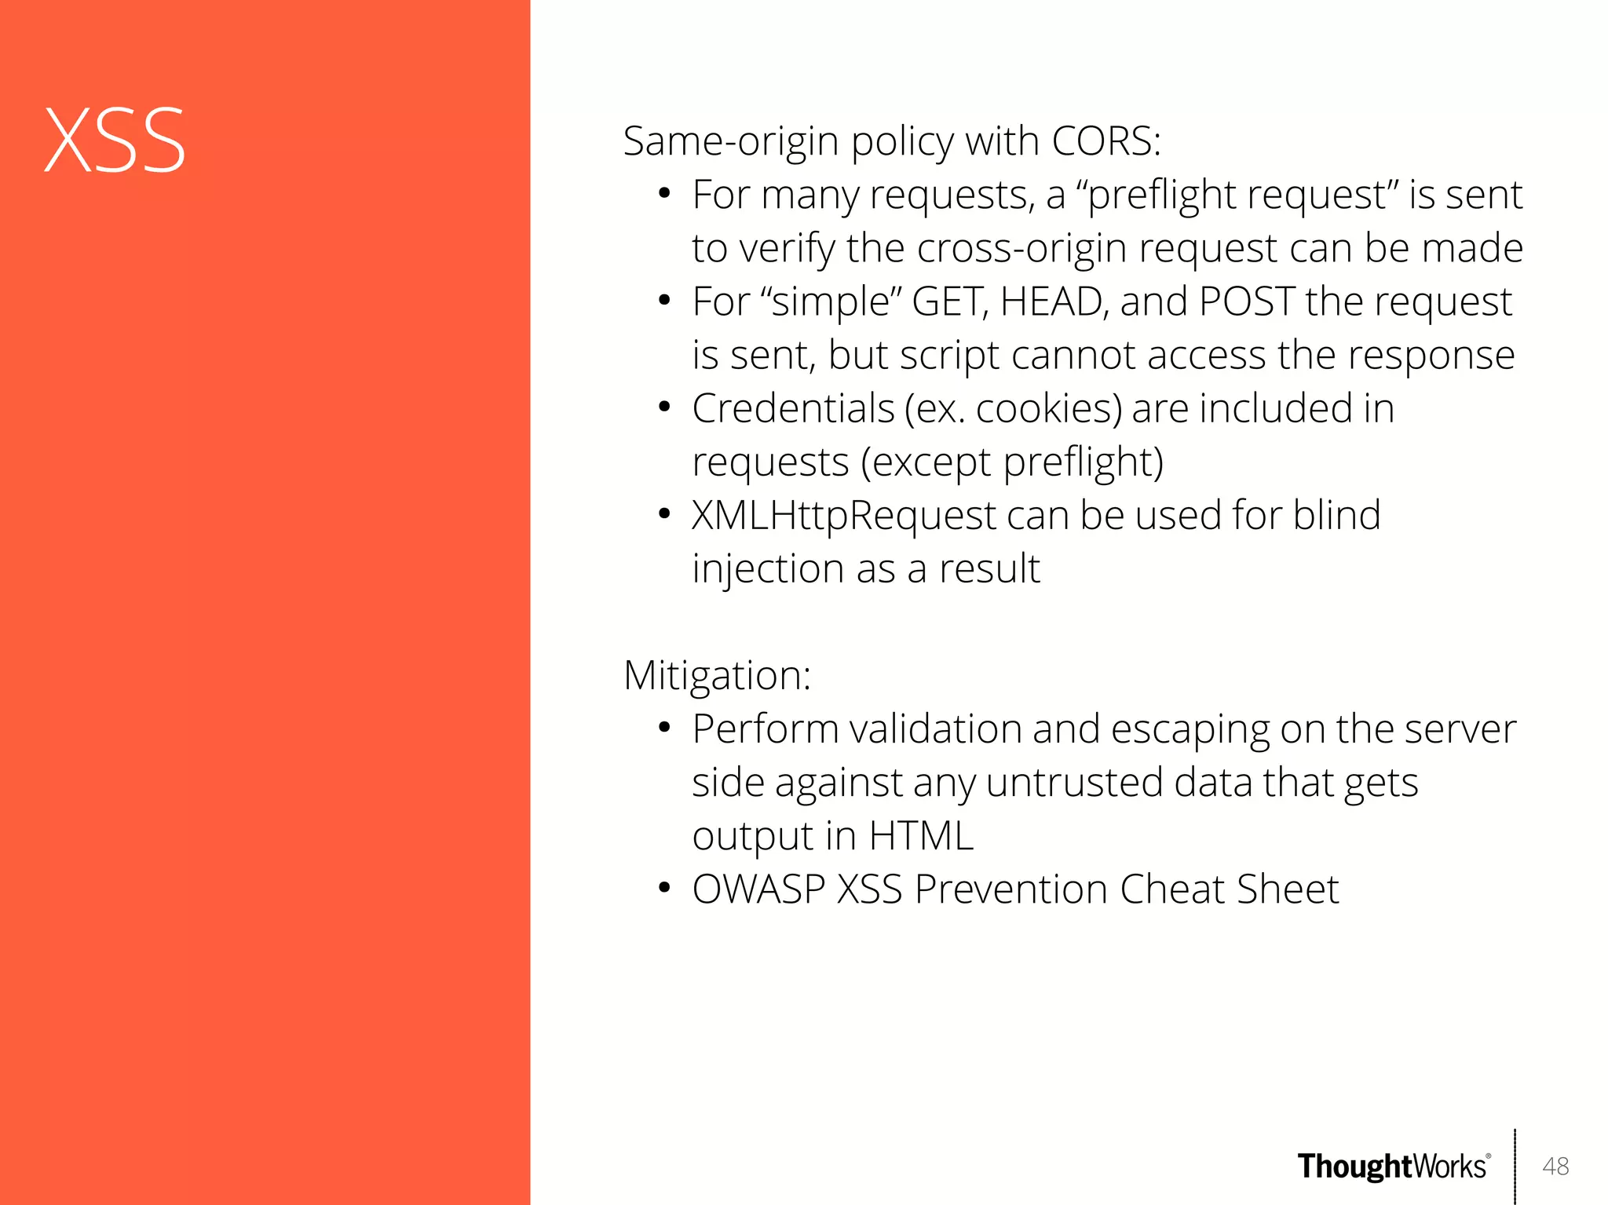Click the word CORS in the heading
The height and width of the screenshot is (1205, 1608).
tap(1105, 141)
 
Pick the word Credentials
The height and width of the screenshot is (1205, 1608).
tap(793, 408)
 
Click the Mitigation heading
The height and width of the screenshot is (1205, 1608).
tap(717, 675)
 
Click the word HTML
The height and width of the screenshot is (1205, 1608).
tap(921, 836)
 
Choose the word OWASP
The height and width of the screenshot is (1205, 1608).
tap(758, 889)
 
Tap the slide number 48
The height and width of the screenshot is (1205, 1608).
tap(1555, 1166)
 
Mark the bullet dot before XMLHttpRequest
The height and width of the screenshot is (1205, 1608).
tap(664, 514)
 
